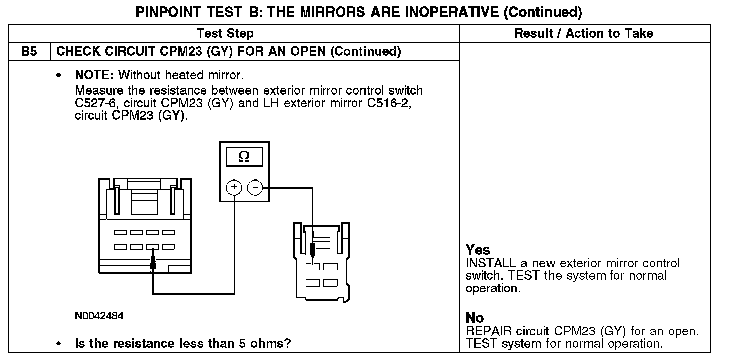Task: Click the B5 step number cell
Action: pyautogui.click(x=29, y=52)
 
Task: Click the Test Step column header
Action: pyautogui.click(x=225, y=34)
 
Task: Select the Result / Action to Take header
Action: pyautogui.click(x=584, y=34)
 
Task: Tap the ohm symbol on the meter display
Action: pyautogui.click(x=243, y=157)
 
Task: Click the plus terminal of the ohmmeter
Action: pyautogui.click(x=234, y=188)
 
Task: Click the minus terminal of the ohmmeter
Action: pyautogui.click(x=255, y=188)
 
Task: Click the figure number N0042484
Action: pyautogui.click(x=99, y=316)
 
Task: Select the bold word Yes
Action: pyautogui.click(x=478, y=250)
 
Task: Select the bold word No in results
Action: pyautogui.click(x=475, y=318)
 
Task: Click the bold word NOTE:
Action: pyautogui.click(x=95, y=76)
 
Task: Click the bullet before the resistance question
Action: pyautogui.click(x=60, y=344)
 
